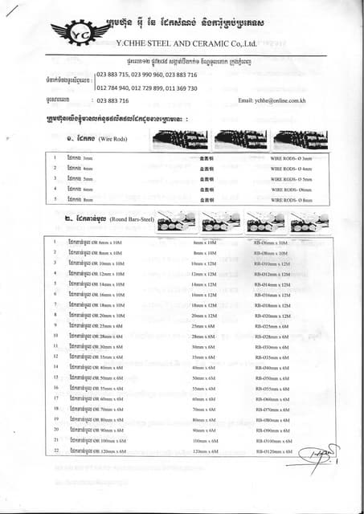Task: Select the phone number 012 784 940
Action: tap(113, 88)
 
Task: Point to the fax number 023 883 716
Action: tap(112, 100)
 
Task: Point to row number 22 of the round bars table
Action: tap(55, 451)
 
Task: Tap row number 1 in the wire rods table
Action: tap(55, 158)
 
